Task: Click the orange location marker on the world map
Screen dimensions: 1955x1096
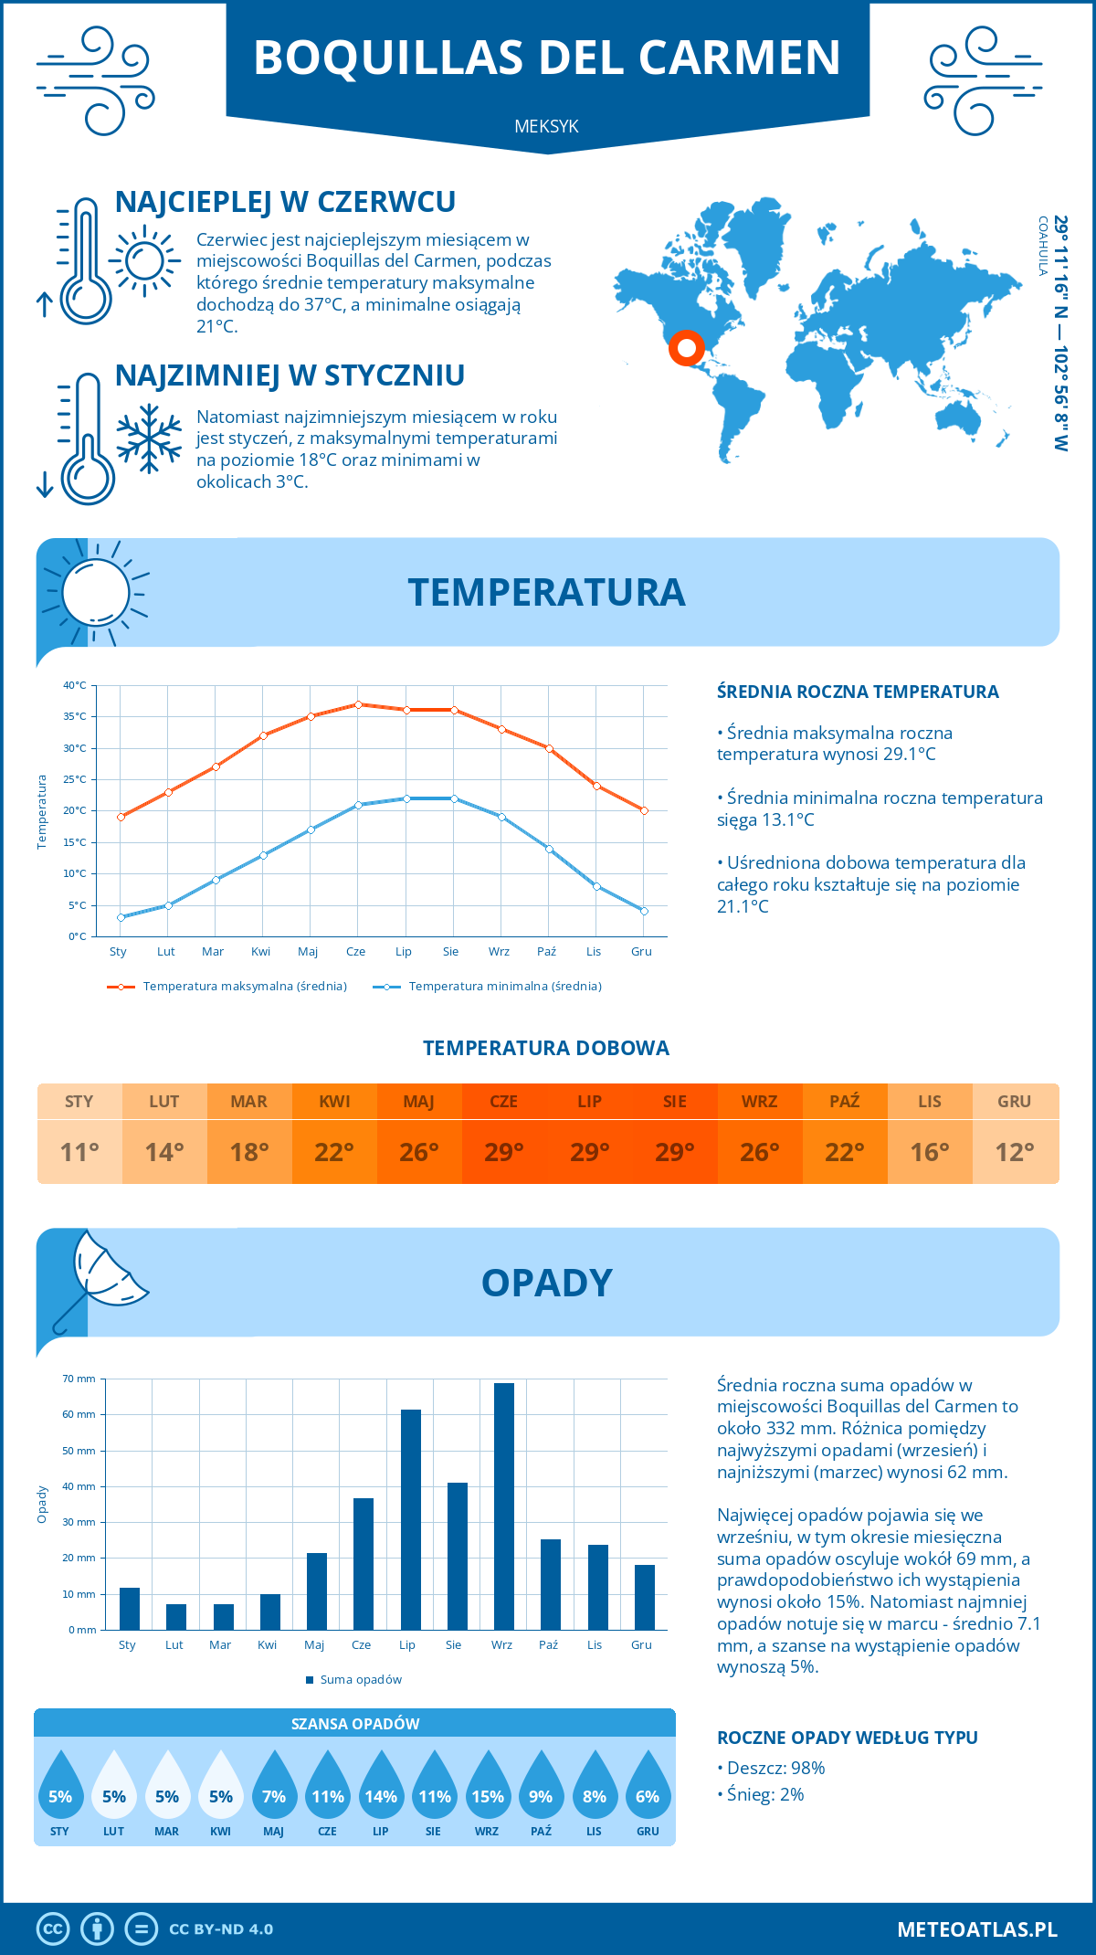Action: click(x=686, y=348)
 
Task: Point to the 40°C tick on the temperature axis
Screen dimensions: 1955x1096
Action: click(x=75, y=685)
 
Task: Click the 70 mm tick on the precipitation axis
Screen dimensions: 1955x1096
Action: click(x=79, y=1379)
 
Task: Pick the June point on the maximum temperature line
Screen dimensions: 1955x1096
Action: click(x=359, y=704)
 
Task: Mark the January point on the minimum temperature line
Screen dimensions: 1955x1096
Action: click(x=121, y=917)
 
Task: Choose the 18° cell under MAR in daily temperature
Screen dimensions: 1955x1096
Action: click(x=249, y=1152)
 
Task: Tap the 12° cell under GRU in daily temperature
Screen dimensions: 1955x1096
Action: click(x=1015, y=1152)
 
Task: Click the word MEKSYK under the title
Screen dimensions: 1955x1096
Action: click(x=546, y=126)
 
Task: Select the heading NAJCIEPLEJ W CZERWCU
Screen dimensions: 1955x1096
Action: click(x=285, y=202)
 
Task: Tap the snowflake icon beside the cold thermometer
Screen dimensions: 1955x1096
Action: click(x=149, y=439)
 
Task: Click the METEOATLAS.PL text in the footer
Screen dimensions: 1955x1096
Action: click(x=977, y=1929)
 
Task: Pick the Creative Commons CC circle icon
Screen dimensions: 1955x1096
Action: click(x=53, y=1929)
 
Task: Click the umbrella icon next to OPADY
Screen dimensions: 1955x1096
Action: click(x=97, y=1280)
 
